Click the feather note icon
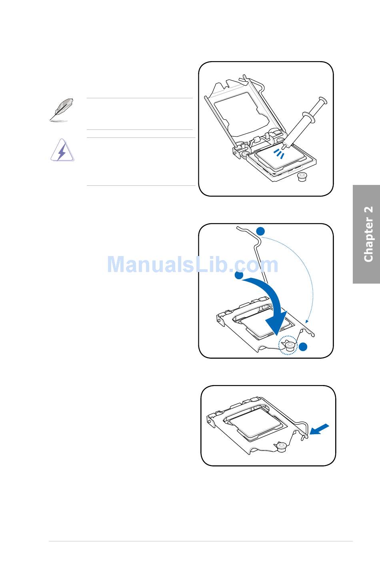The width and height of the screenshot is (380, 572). click(61, 109)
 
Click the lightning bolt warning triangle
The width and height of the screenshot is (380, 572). click(62, 151)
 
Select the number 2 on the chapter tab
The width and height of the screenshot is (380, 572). click(368, 211)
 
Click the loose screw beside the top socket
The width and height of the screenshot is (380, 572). click(303, 177)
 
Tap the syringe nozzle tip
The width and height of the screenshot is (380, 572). click(284, 147)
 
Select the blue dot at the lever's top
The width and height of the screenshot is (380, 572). click(260, 231)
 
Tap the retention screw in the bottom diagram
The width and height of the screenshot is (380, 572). click(280, 446)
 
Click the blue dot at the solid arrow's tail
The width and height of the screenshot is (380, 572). click(239, 275)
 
